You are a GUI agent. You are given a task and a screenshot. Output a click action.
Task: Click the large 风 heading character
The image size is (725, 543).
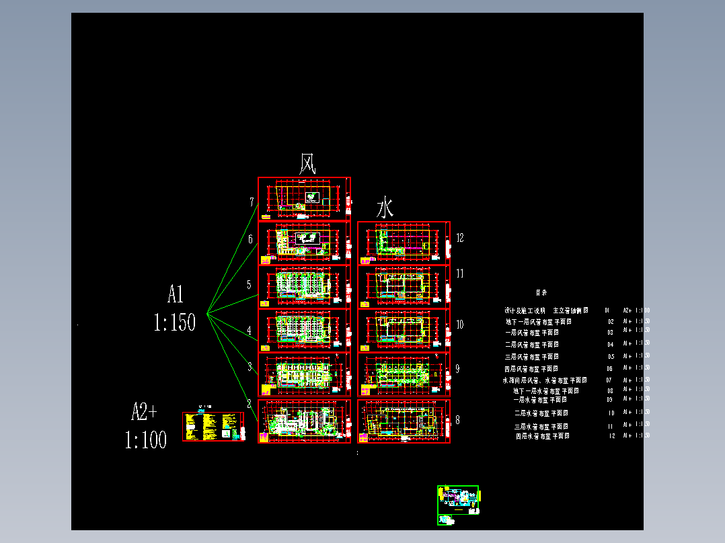[307, 163]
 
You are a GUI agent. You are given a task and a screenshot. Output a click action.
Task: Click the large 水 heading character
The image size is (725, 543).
[385, 208]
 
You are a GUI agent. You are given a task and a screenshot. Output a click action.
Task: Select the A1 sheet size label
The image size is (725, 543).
[176, 294]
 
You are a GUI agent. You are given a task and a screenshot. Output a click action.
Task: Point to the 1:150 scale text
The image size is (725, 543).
[174, 323]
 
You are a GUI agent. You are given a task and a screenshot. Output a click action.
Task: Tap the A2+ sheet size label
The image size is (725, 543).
[144, 411]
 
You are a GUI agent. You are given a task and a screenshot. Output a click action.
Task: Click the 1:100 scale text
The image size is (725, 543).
[145, 440]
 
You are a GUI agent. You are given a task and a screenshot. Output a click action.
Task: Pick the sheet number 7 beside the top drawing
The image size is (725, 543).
[252, 202]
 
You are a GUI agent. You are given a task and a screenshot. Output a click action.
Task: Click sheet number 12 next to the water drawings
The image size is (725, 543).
[460, 237]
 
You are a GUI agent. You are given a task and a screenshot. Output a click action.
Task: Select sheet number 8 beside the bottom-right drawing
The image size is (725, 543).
[458, 420]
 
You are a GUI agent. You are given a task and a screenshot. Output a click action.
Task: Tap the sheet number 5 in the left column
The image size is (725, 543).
[249, 284]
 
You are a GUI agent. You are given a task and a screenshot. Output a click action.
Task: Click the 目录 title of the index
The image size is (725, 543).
[541, 292]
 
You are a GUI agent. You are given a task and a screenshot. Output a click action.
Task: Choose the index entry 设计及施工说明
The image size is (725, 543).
[525, 310]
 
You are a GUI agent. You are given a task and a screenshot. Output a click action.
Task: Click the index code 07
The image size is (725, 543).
[609, 380]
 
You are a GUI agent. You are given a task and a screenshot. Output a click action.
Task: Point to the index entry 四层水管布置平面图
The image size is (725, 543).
[542, 436]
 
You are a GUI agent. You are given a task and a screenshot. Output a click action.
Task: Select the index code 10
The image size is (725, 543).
[611, 413]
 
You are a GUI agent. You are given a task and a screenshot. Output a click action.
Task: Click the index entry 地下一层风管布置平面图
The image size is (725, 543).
[538, 322]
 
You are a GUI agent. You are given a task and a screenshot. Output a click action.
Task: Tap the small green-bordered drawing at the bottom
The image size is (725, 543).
[458, 504]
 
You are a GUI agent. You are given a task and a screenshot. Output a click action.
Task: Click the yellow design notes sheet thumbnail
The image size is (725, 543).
[213, 427]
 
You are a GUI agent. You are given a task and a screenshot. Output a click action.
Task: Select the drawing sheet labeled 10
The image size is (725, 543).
[403, 330]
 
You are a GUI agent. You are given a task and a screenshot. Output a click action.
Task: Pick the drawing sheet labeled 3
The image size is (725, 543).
[303, 374]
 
